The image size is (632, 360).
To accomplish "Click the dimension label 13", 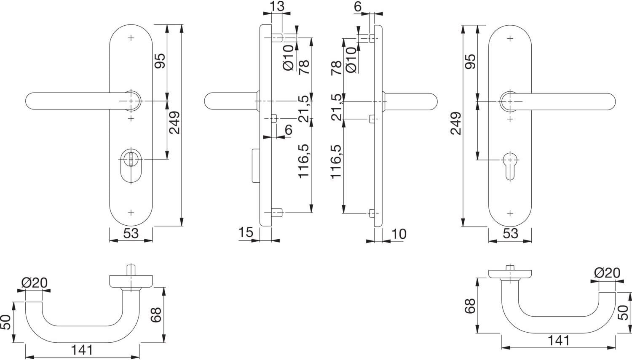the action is pos(277,6).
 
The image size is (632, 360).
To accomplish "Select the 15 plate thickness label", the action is pos(246,232).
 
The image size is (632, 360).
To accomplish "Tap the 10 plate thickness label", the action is pos(399,234).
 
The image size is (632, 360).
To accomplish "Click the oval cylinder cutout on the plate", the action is pos(131,166).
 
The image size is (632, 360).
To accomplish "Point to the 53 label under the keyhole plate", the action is pos(510,233).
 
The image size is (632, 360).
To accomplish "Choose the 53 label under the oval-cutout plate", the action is pos(131,233).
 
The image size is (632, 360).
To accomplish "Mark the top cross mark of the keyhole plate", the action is pos(510,39).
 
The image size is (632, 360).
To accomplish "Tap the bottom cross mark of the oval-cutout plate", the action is pos(131,213).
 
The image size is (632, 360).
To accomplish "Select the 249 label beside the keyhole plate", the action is pos(456,123).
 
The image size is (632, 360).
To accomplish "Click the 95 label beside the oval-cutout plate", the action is pos(160,61).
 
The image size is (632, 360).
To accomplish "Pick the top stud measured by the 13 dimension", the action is pos(277,37).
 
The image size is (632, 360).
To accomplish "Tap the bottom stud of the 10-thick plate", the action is pos(372,213).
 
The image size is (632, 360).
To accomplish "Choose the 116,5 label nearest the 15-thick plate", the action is pos(304,161).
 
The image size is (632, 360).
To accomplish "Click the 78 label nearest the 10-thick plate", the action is pos(336,68).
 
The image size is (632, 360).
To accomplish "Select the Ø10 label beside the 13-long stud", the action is pos(288,58).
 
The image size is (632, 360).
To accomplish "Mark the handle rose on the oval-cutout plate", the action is pos(131,101).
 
